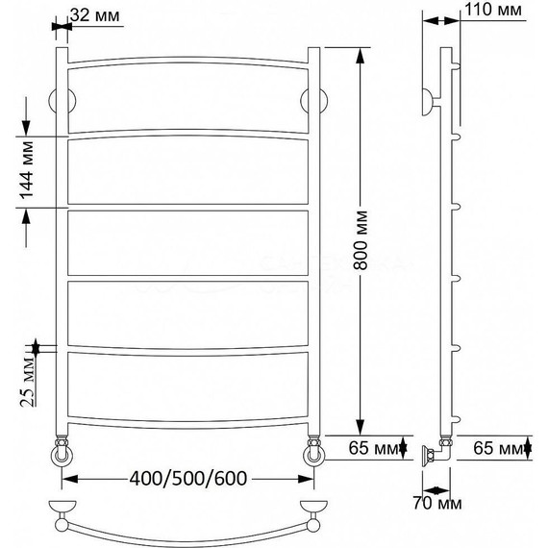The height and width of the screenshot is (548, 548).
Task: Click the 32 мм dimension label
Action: pos(95,15)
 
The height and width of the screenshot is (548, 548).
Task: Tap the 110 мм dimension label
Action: pos(493,10)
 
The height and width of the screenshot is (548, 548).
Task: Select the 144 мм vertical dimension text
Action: pos(27,170)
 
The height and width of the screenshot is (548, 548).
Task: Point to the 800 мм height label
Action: pos(361,240)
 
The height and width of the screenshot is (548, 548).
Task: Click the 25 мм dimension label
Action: pos(28,381)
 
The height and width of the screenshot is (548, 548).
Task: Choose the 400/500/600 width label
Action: pos(188,478)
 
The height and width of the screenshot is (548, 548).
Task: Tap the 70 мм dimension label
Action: pos(437,503)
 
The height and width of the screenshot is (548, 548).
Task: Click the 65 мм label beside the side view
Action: pos(498,448)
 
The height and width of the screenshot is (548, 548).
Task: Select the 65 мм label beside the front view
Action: pos(374,448)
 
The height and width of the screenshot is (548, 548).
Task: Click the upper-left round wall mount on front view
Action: pos(62,101)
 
